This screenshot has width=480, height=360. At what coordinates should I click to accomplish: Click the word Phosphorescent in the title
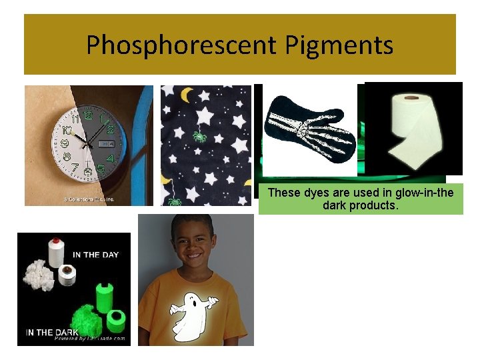[181, 45]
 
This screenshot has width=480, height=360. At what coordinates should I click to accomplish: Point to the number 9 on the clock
[65, 143]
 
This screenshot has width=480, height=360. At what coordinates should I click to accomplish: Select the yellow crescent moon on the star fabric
[187, 95]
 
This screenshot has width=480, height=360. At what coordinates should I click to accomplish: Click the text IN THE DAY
[95, 255]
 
